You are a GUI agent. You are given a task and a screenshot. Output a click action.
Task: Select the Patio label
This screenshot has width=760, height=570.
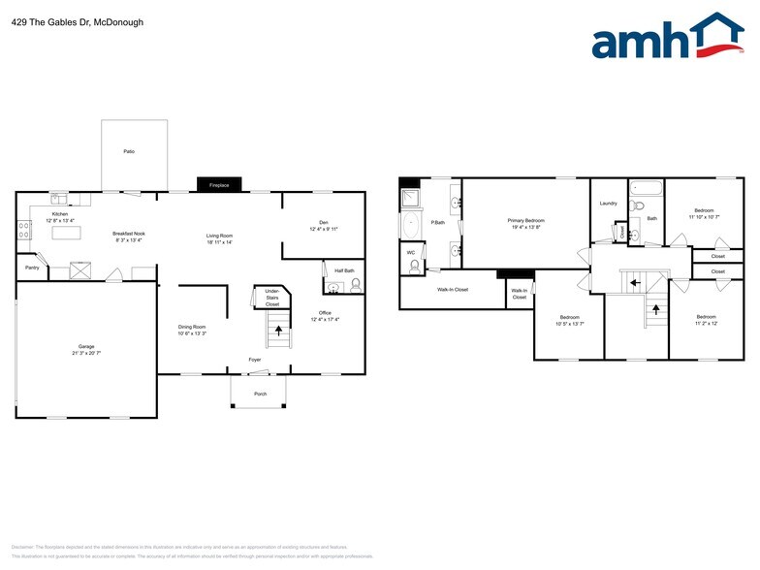(x=128, y=152)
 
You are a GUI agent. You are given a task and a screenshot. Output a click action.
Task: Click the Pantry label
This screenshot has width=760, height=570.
(x=32, y=267)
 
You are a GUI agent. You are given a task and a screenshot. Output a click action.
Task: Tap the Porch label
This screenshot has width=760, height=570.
(x=260, y=394)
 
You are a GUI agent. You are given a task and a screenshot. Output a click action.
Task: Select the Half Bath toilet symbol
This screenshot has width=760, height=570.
(x=355, y=286)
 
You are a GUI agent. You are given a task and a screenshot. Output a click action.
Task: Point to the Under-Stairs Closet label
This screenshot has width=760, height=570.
(x=272, y=297)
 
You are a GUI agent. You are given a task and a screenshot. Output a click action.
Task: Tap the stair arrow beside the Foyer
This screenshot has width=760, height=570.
(x=279, y=331)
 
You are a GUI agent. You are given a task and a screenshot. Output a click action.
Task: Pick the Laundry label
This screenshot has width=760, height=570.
(x=609, y=204)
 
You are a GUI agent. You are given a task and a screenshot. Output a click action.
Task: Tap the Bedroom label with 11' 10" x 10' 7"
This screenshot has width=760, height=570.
(x=704, y=213)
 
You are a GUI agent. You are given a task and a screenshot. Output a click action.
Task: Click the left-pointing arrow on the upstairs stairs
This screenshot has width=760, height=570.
(x=632, y=283)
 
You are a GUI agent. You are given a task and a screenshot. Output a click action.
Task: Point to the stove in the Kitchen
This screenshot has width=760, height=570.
(x=23, y=231)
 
